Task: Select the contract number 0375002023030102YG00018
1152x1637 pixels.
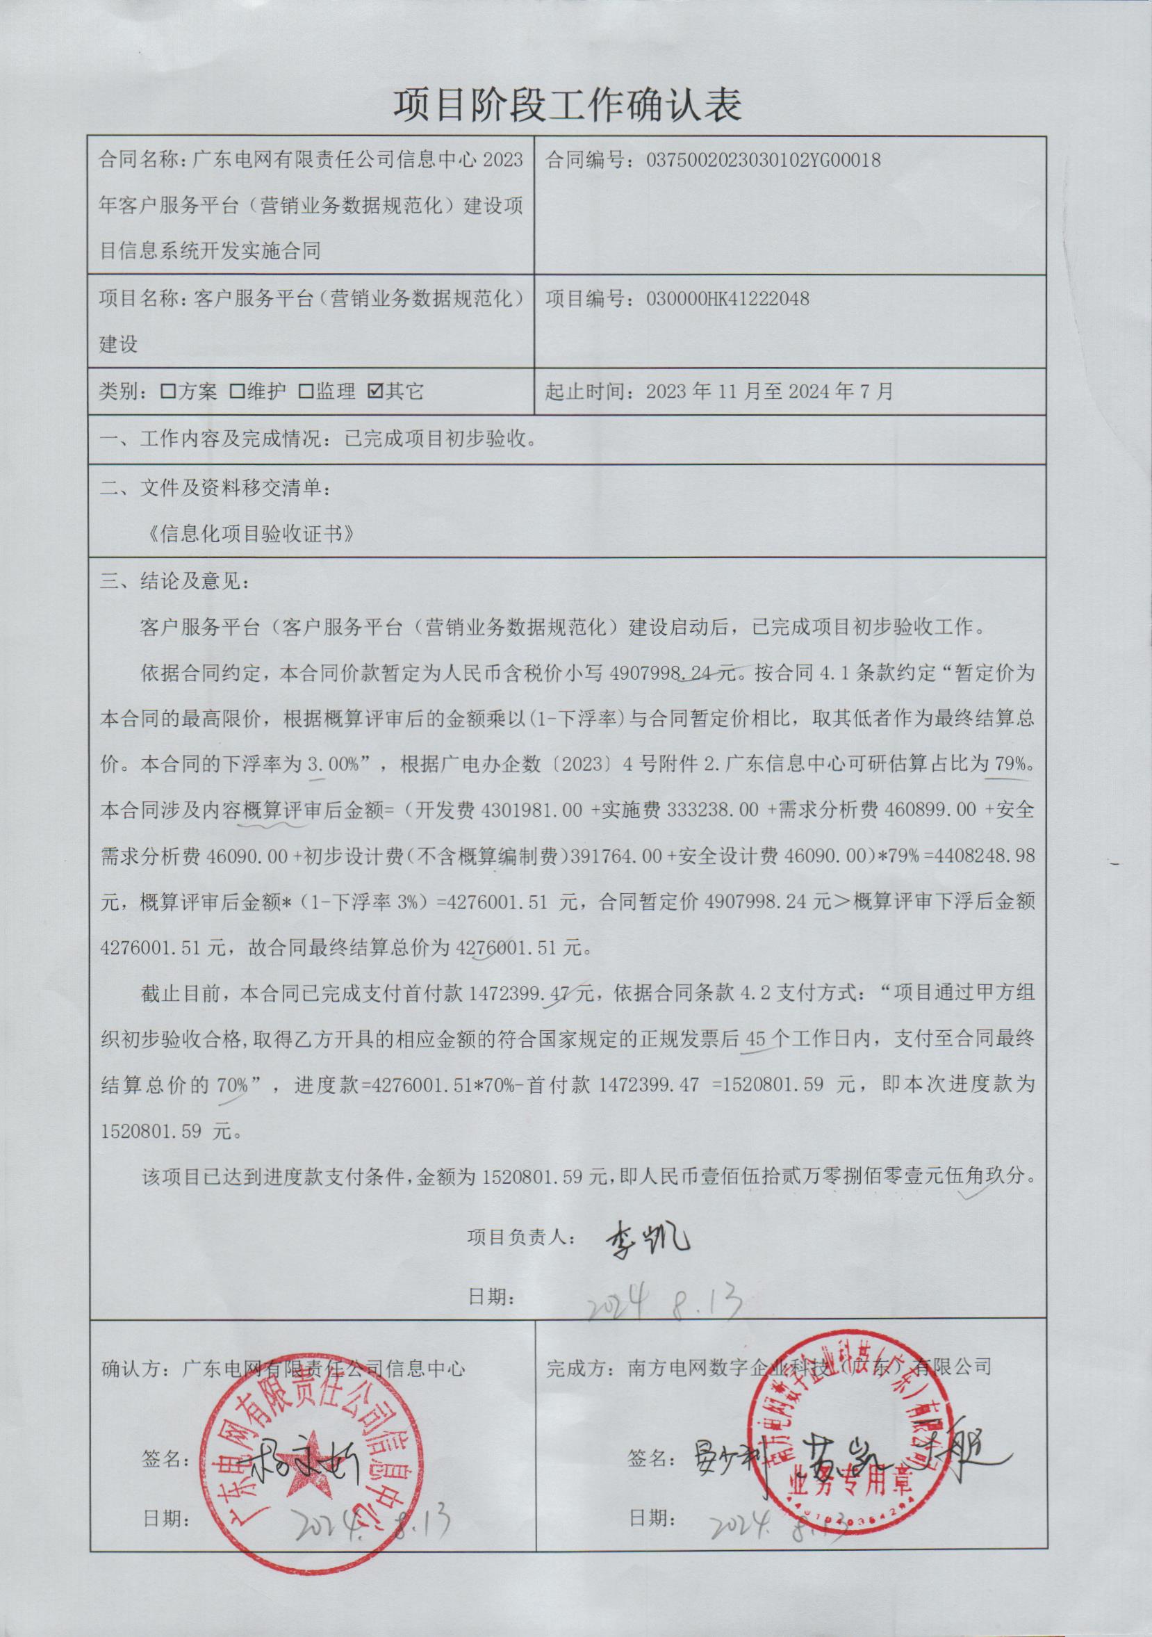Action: tap(763, 160)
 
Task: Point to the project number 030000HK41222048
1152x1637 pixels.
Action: tap(727, 298)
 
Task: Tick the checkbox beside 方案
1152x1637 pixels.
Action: tap(169, 391)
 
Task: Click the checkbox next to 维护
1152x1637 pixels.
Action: tap(238, 391)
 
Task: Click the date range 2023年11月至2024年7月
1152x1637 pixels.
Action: tap(768, 391)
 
